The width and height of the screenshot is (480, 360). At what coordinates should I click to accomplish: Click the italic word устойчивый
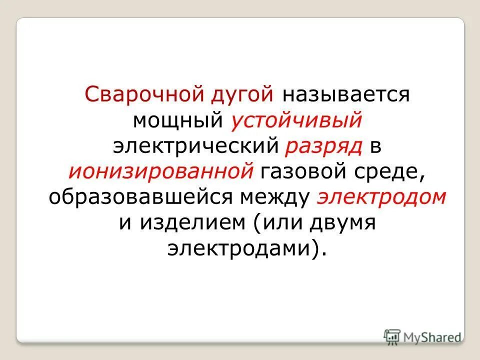tap(296, 120)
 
